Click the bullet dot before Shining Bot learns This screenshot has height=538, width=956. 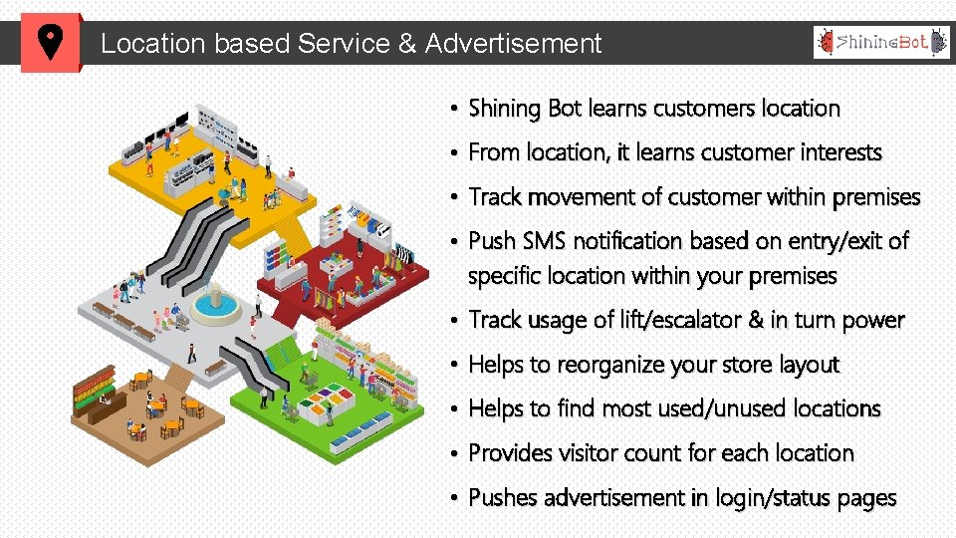452,109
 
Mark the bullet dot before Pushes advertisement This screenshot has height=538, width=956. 452,498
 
